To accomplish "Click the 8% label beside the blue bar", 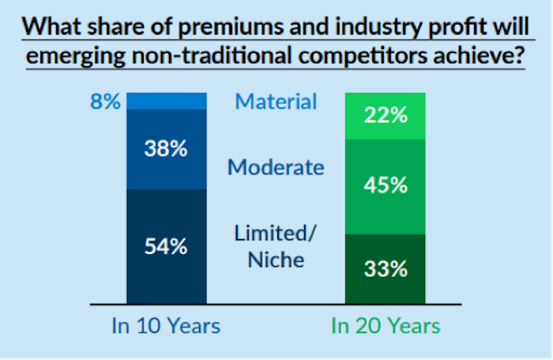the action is point(105,102).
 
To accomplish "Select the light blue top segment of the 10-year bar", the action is point(167,101).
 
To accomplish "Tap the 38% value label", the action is point(166,148).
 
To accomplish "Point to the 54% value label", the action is point(166,246).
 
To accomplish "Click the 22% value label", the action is point(386,115).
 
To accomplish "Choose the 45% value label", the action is point(386,185).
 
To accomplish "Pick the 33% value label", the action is point(386,269).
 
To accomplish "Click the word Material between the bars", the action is point(276,102).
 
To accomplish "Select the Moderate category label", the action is point(276,167).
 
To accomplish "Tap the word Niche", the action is point(276,260).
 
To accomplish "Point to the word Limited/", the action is point(276,234).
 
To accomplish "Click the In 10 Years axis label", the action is point(166,325).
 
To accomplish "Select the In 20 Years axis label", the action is point(386,325).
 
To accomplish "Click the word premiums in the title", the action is point(231,27).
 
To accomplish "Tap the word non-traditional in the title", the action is point(212,56).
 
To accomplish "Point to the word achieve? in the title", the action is point(479,56).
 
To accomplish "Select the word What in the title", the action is point(51,26).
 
